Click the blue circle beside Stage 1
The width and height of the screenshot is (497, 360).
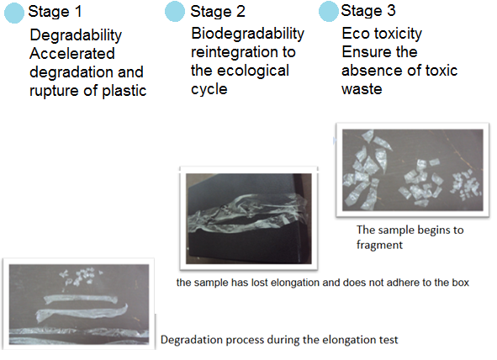pyautogui.click(x=14, y=13)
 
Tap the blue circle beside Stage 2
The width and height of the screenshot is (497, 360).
pyautogui.click(x=175, y=12)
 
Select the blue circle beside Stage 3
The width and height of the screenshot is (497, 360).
pyautogui.click(x=328, y=11)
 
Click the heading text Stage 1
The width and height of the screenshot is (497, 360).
pyautogui.click(x=56, y=12)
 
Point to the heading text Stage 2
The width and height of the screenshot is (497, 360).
pyautogui.click(x=218, y=12)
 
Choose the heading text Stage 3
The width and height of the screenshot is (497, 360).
pyautogui.click(x=368, y=11)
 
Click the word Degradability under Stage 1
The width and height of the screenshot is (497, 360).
pyautogui.click(x=76, y=35)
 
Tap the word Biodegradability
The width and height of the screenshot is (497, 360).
pyautogui.click(x=247, y=34)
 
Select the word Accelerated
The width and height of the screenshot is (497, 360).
pyautogui.click(x=72, y=53)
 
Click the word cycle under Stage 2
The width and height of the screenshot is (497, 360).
pyautogui.click(x=209, y=90)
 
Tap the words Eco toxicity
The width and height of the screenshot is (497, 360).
pyautogui.click(x=382, y=34)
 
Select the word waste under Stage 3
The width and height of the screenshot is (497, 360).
pyautogui.click(x=362, y=88)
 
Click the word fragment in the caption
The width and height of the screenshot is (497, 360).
pyautogui.click(x=379, y=245)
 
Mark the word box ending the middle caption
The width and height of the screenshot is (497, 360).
pyautogui.click(x=461, y=283)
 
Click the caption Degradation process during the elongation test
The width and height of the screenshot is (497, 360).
pyautogui.click(x=279, y=340)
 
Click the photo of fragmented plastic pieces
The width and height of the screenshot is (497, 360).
pyautogui.click(x=413, y=170)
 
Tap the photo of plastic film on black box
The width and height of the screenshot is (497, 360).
pyautogui.click(x=249, y=219)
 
